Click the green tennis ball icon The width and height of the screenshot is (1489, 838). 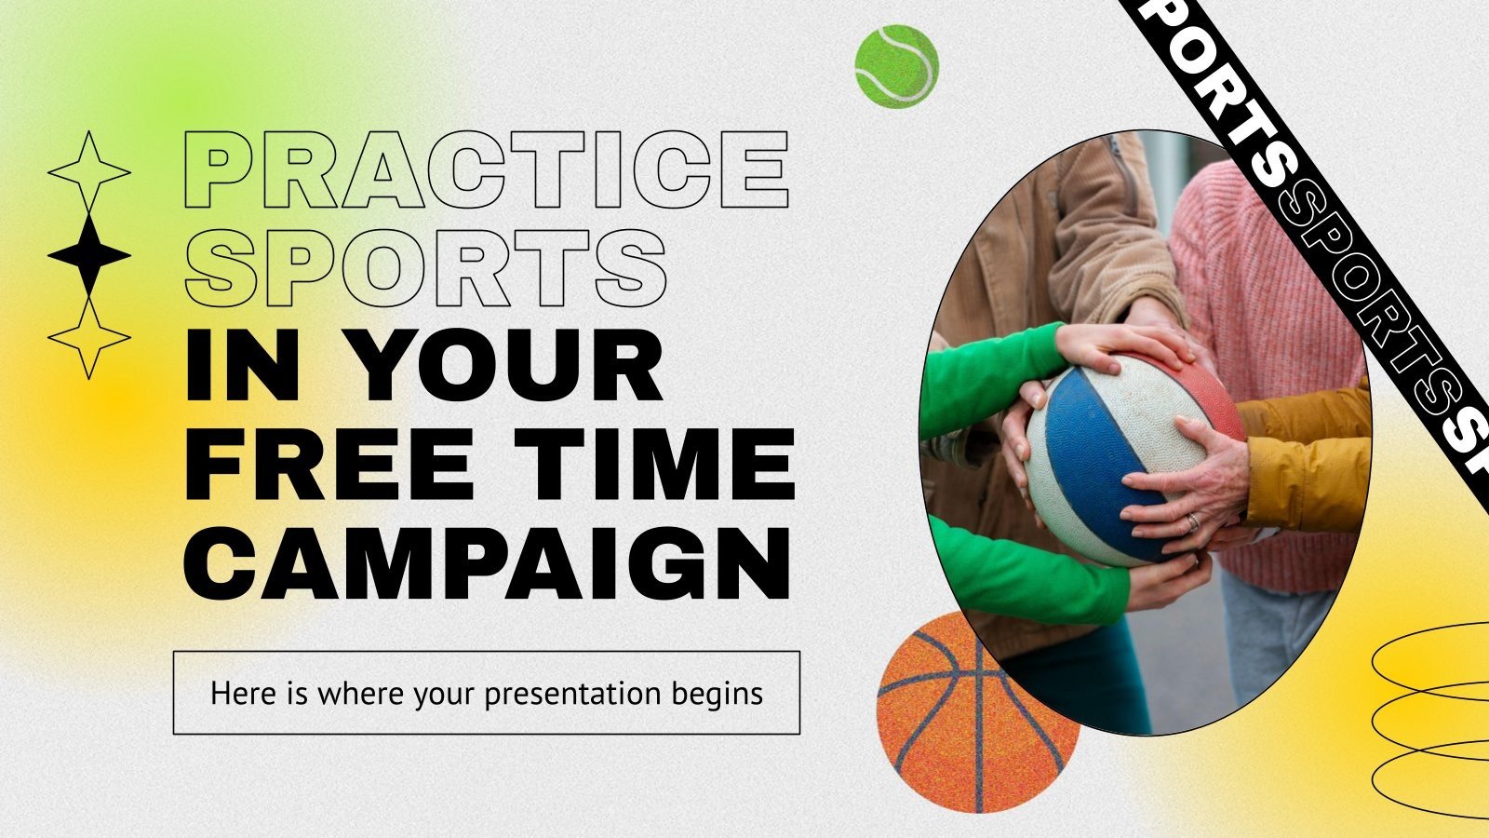[x=896, y=64]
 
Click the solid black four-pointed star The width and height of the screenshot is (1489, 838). [x=88, y=254]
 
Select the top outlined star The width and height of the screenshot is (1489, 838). [x=88, y=171]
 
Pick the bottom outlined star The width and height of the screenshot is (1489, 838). [x=88, y=337]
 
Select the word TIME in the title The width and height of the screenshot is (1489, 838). [x=657, y=462]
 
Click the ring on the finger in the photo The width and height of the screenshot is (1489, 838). [x=1193, y=521]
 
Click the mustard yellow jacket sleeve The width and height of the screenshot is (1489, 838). [x=1312, y=456]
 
